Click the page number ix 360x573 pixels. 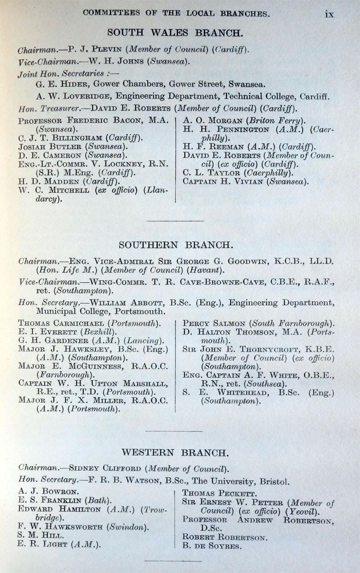click(329, 14)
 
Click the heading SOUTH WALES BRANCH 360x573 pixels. click(175, 33)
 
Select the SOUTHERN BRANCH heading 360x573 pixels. click(176, 245)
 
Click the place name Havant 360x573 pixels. click(206, 270)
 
